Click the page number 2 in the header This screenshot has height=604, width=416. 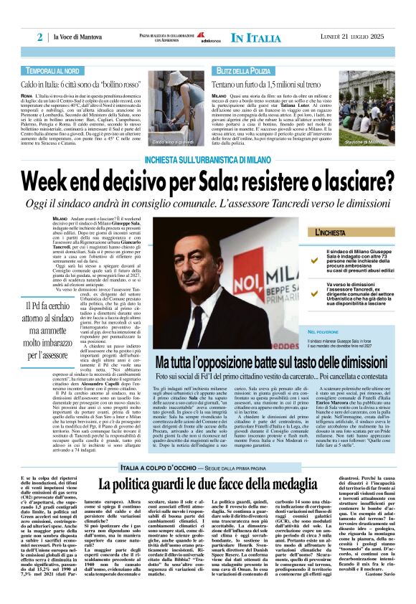click(40, 37)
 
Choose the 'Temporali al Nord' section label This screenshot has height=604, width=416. click(52, 71)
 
